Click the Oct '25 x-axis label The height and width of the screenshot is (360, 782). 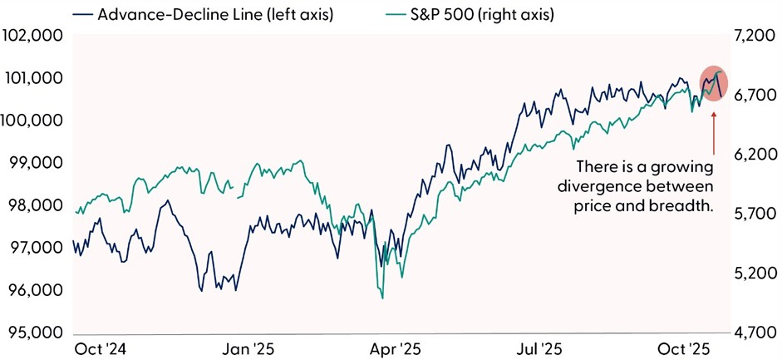[684, 349]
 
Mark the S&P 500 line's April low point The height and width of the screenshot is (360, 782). [382, 298]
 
